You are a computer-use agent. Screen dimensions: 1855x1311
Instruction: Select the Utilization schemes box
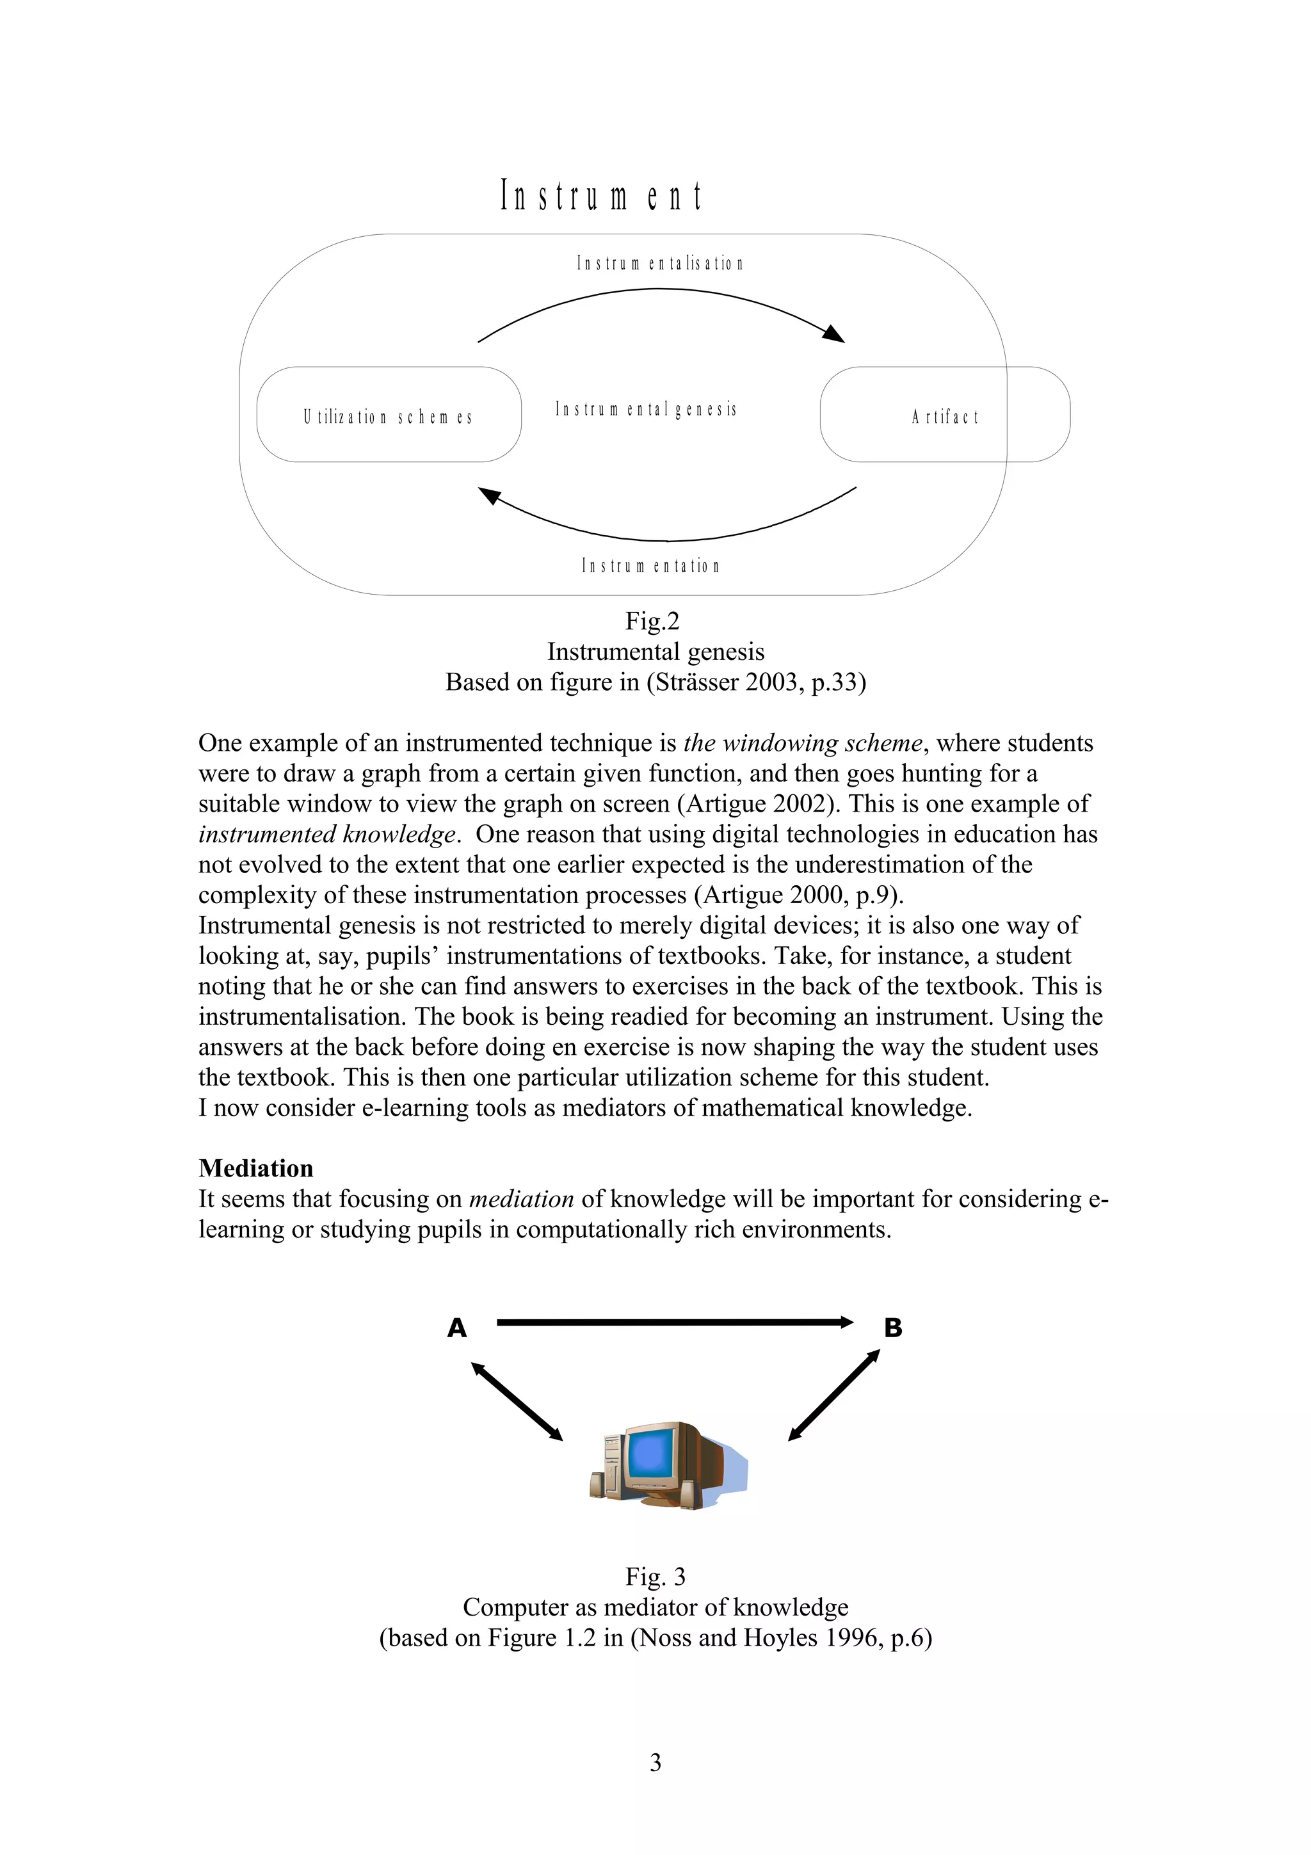(389, 415)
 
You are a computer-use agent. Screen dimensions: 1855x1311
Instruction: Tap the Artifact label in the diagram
(944, 417)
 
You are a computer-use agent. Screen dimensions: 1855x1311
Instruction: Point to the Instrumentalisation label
(659, 263)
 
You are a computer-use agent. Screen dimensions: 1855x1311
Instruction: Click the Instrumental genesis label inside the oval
(645, 410)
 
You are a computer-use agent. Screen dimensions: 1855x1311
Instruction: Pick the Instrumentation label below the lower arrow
(650, 566)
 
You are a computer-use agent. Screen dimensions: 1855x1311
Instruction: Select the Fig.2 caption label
(653, 622)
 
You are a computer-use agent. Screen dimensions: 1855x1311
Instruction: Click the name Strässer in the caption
(697, 683)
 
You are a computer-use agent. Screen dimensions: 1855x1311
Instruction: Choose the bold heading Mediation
(256, 1168)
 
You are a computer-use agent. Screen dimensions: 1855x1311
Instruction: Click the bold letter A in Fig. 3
(457, 1328)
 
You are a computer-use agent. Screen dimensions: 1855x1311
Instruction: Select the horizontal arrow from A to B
(675, 1322)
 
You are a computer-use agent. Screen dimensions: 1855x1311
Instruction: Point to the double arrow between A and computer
(517, 1402)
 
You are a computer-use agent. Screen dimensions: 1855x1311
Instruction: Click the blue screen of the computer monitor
(651, 1454)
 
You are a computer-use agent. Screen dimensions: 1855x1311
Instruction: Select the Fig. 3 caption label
(655, 1577)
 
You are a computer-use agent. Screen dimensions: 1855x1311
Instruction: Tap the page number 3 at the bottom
(655, 1762)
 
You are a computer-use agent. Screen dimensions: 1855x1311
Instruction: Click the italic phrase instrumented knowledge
(328, 834)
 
